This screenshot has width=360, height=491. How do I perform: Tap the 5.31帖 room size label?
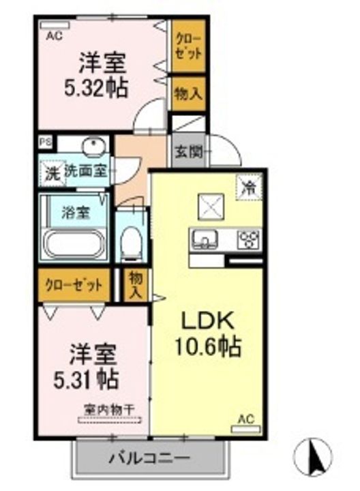click(x=86, y=379)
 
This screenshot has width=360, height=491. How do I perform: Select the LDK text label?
click(x=208, y=321)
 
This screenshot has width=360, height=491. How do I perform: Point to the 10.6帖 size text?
click(x=207, y=346)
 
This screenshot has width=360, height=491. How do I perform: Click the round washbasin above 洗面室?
click(x=91, y=145)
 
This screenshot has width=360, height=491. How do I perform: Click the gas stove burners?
click(x=249, y=239)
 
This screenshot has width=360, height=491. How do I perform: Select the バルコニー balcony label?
click(x=150, y=458)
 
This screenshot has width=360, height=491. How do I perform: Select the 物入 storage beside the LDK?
click(x=136, y=285)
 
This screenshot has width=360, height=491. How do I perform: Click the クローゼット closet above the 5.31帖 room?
click(x=74, y=285)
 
